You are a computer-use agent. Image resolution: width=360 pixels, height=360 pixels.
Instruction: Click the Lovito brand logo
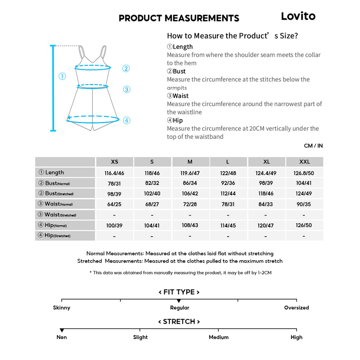[298, 16]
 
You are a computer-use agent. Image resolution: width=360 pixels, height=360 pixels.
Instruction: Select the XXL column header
[304, 162]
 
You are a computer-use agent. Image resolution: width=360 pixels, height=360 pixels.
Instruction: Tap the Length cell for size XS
[114, 173]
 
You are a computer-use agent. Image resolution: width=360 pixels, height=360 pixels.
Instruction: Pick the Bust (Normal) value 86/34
[190, 183]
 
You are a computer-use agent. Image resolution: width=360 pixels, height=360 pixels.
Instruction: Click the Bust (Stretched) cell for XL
[266, 194]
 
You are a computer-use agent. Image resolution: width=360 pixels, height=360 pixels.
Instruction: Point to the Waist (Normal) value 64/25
[114, 204]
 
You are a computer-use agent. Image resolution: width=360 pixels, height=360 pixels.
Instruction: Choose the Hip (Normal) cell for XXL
[304, 225]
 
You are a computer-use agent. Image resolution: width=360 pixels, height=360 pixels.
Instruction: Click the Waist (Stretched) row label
[60, 215]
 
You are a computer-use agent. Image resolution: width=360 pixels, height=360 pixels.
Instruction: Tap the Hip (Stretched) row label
[58, 236]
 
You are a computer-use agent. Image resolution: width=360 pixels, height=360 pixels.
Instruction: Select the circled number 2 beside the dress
[126, 69]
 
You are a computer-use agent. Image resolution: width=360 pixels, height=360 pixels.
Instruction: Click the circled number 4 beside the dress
[127, 121]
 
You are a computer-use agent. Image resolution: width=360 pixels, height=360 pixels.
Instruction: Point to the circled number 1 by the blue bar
[62, 76]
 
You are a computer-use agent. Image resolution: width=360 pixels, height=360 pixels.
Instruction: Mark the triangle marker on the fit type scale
[179, 301]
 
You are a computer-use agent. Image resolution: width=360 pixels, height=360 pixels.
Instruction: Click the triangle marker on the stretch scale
[62, 330]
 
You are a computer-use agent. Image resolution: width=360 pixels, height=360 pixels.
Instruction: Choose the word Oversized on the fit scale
[296, 308]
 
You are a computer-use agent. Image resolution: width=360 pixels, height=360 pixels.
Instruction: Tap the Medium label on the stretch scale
[218, 337]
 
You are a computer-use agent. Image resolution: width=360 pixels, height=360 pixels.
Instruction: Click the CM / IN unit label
[313, 146]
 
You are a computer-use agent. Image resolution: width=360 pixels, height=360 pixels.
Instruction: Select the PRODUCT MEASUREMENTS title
[179, 18]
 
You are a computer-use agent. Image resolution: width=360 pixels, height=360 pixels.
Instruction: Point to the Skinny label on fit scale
[62, 308]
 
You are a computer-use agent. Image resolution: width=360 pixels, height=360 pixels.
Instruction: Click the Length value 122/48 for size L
[228, 173]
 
